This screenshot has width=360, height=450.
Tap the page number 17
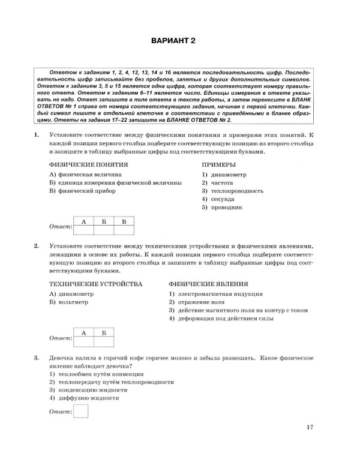point(310,427)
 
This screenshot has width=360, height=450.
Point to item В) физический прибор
point(81,190)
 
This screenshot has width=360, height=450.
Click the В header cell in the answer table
point(124,222)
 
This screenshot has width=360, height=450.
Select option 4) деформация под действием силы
point(221,319)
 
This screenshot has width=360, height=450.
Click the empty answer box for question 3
point(80,410)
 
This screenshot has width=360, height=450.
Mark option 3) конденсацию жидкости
point(89,389)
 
